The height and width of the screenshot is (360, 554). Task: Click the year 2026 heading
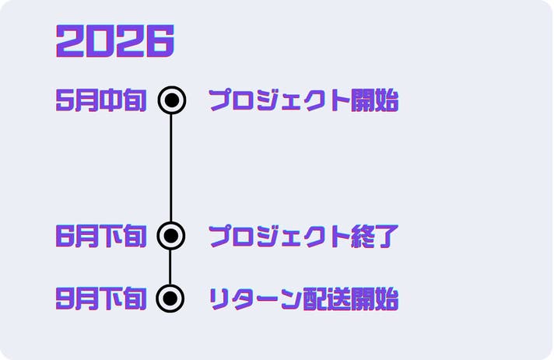pos(115,40)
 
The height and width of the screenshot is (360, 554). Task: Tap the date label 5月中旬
pos(101,100)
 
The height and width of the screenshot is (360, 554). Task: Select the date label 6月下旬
pos(101,236)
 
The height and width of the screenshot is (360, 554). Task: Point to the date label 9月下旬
pos(101,299)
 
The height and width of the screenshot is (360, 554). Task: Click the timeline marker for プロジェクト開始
pos(172,100)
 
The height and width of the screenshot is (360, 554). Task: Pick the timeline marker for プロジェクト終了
pos(171,236)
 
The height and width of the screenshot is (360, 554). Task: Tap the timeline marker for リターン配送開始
pos(170,299)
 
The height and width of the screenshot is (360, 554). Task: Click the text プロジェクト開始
pos(303,100)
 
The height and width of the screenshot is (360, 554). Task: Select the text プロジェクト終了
pos(303,236)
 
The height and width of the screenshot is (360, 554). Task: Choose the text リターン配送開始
pos(303,299)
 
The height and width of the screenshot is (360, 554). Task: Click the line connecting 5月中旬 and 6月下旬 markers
pos(171,168)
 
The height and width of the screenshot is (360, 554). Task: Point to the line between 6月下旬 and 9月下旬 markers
pos(170,267)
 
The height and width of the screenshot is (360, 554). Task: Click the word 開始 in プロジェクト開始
pos(375,100)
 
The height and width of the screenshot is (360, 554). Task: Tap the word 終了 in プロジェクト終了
pos(375,236)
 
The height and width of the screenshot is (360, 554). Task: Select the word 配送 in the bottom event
pos(327,299)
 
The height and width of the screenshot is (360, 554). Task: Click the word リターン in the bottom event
pos(255,299)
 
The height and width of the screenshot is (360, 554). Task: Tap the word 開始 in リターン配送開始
pos(375,299)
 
